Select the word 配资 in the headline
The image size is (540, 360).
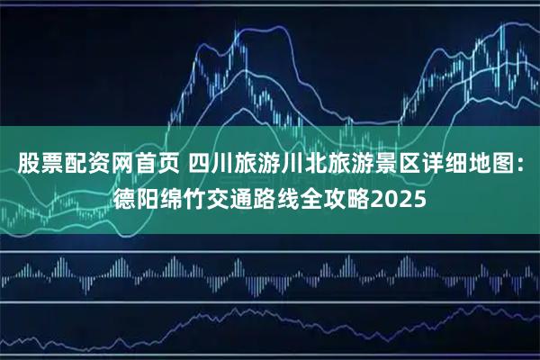point(81,164)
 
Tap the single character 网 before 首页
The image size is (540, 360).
point(114,164)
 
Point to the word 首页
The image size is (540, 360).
point(148,164)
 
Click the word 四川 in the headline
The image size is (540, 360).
point(201,164)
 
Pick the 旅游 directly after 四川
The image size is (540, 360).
point(246,164)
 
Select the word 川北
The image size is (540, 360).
point(291,164)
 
